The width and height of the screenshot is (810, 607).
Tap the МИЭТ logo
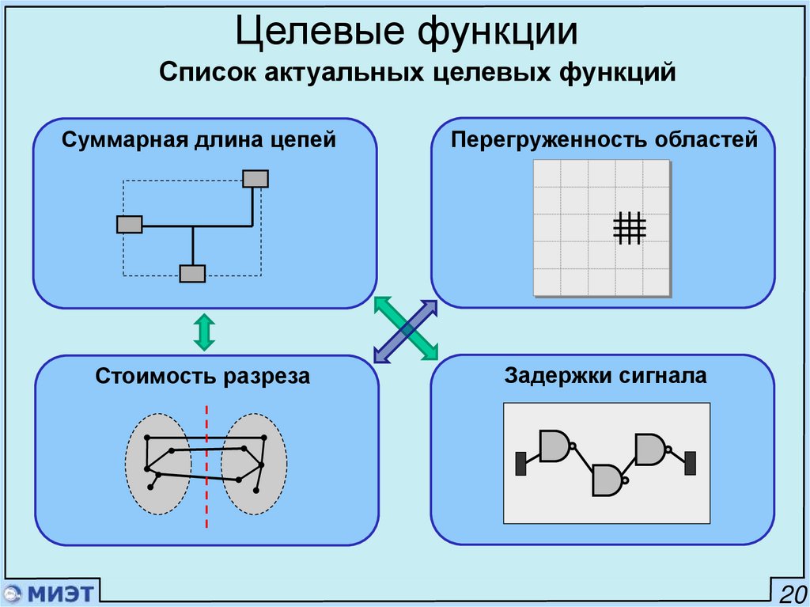coord(49,593)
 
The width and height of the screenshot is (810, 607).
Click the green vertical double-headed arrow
coord(204,332)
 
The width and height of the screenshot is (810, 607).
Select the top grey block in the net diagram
coord(255,179)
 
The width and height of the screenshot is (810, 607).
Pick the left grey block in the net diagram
coord(130,224)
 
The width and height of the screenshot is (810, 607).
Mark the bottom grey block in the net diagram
coord(192,274)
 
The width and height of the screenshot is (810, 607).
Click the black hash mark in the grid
coord(630,228)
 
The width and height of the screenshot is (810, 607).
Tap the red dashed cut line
coord(207,467)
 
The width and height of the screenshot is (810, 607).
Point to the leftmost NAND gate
coord(555,446)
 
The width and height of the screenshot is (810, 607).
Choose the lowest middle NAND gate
coord(608,480)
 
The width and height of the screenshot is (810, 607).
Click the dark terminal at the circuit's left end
coord(521,463)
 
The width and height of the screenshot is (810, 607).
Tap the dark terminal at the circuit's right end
coord(690,463)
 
